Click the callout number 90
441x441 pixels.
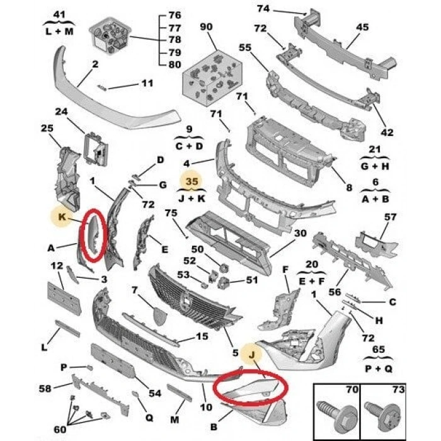tap(206, 27)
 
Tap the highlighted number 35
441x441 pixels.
tap(192, 181)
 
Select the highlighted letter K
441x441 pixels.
tap(62, 217)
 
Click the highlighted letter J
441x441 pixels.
tap(252, 355)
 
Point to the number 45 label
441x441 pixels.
tap(362, 27)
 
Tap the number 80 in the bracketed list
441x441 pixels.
tap(175, 64)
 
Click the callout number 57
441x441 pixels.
tap(390, 217)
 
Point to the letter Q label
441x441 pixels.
tap(149, 417)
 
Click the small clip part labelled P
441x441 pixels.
tap(89, 367)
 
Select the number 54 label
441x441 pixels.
tap(155, 393)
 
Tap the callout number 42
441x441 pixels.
tap(387, 132)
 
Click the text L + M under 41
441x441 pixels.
tap(59, 31)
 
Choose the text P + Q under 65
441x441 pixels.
tap(378, 369)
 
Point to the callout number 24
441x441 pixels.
tap(61, 112)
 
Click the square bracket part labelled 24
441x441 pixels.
tap(96, 149)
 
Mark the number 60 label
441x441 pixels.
tap(60, 430)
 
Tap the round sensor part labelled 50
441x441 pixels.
tap(223, 268)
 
